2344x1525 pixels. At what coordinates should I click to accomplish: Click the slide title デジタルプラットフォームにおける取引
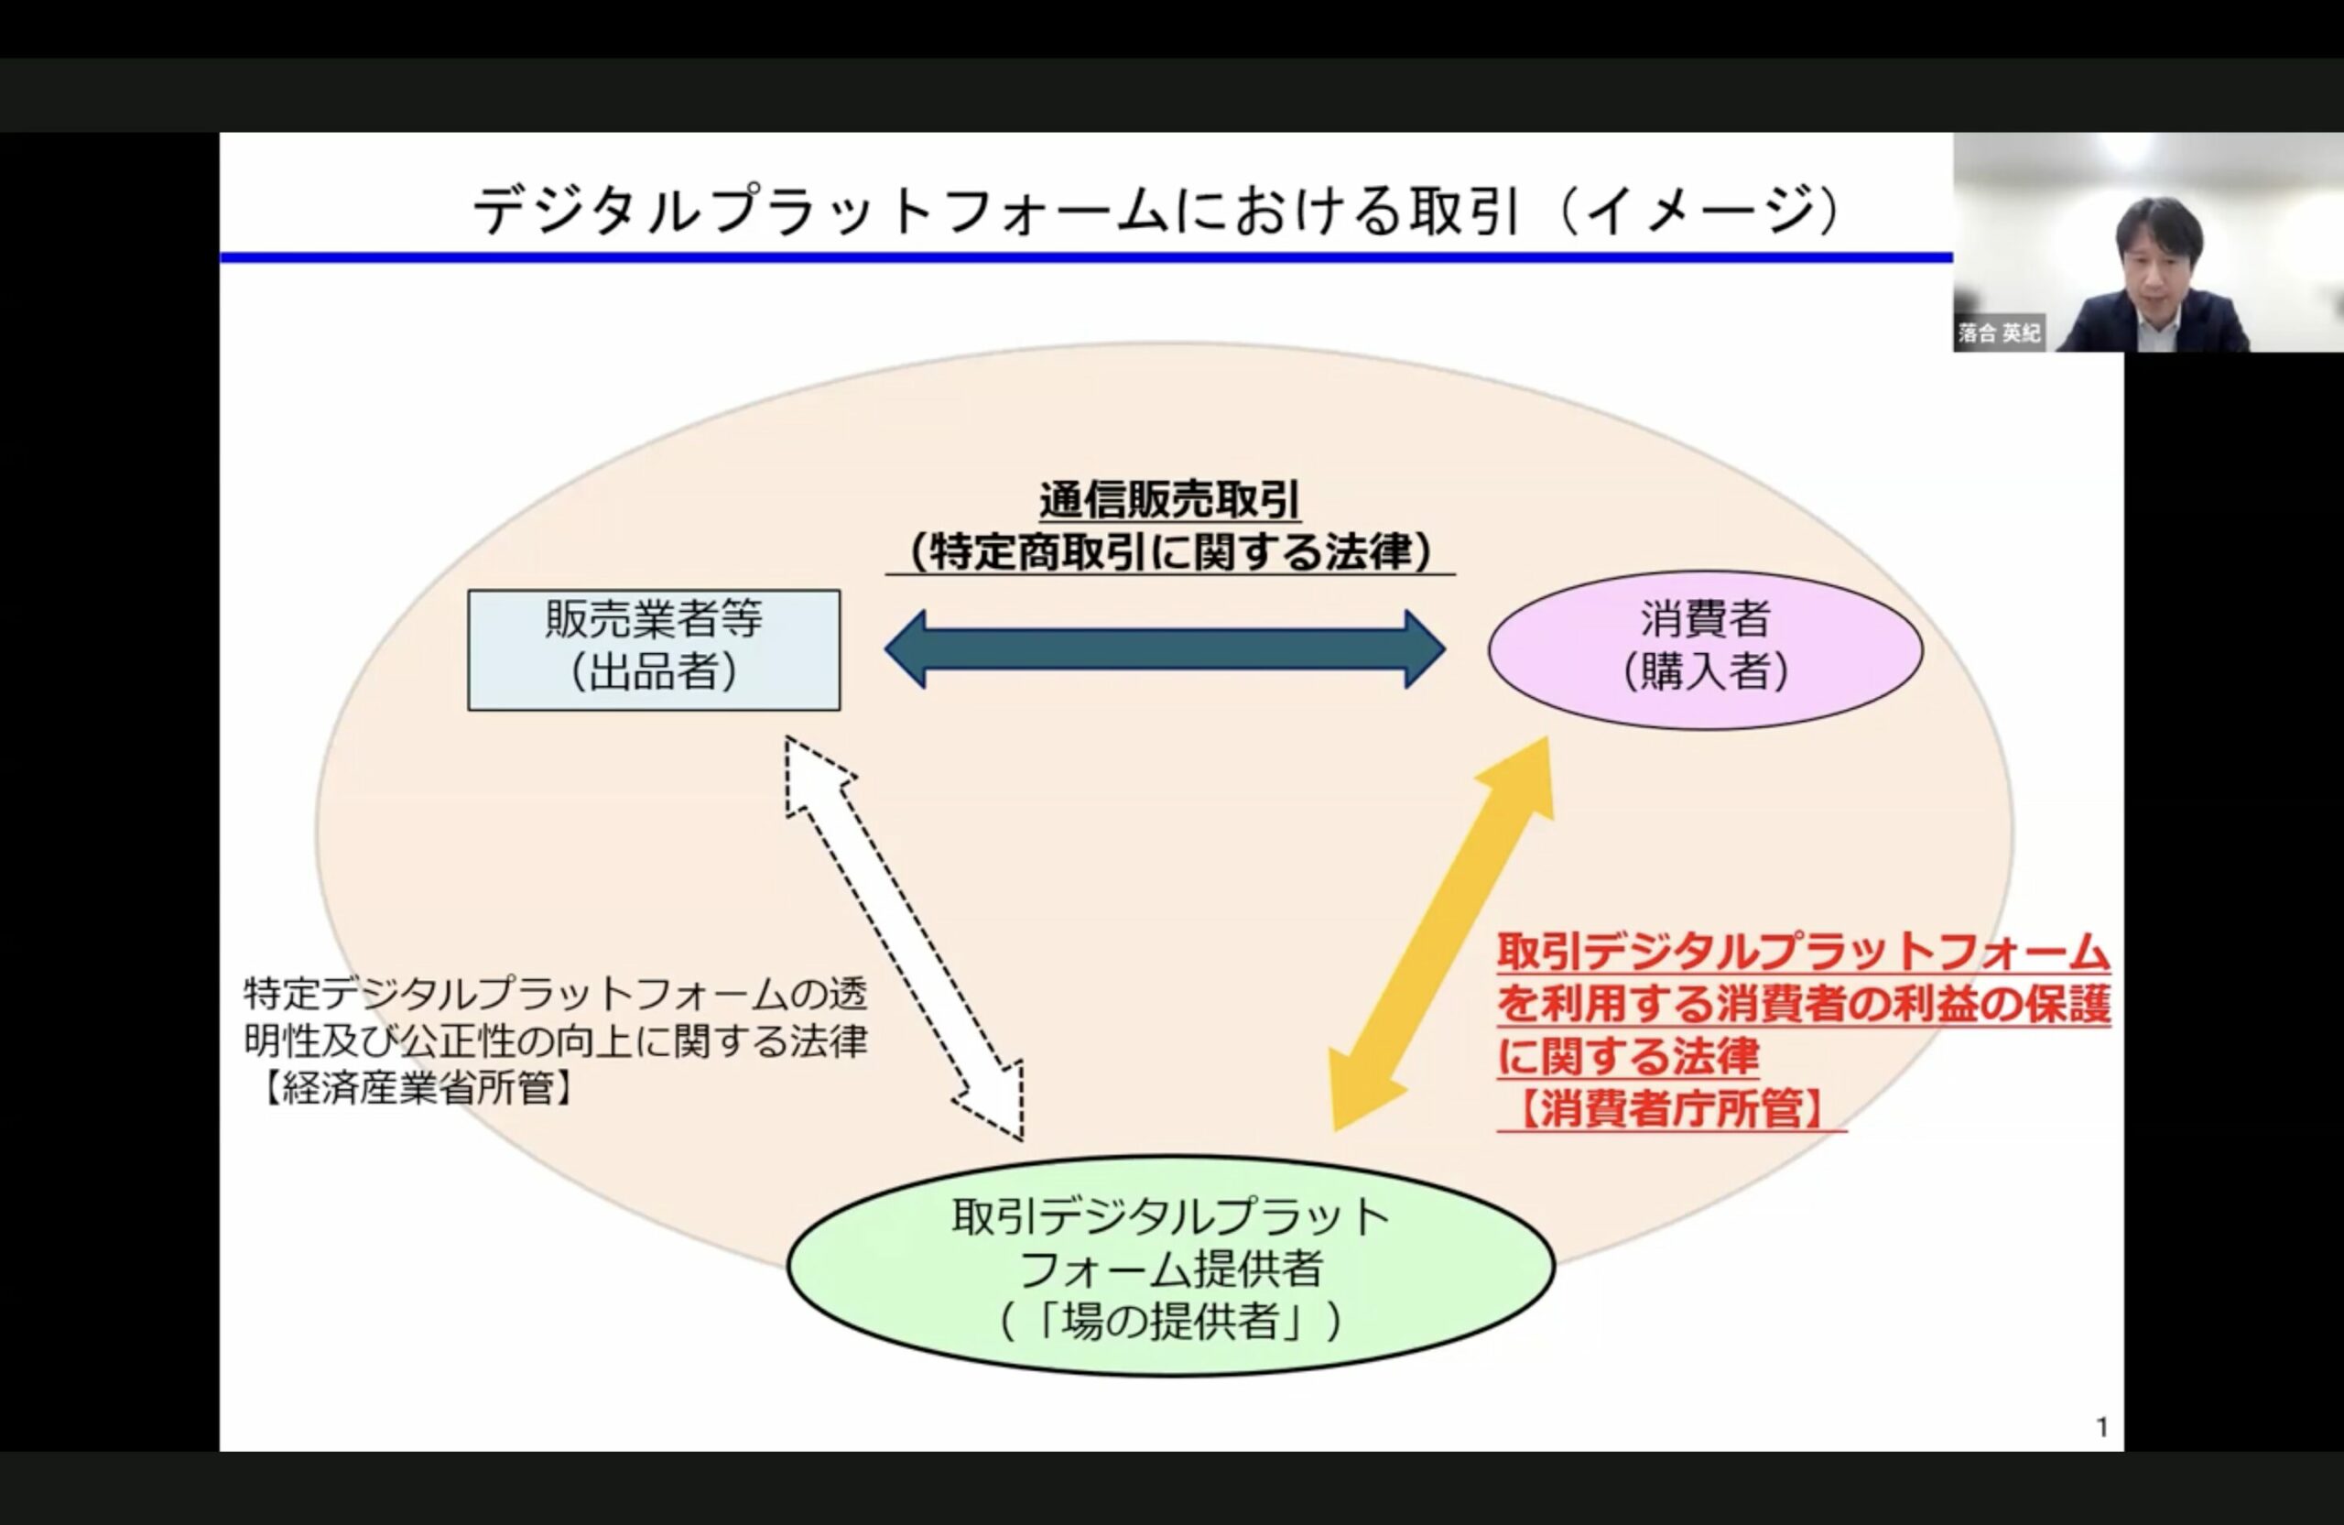coord(993,211)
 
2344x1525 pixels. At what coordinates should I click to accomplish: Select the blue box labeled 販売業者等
coord(654,650)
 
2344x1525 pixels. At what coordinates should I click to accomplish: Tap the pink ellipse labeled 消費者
coord(1705,650)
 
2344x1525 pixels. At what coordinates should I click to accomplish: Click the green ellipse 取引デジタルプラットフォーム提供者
coord(1171,1267)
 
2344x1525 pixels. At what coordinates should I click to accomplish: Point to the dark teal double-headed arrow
coord(1165,649)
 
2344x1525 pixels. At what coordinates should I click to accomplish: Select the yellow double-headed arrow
coord(1442,933)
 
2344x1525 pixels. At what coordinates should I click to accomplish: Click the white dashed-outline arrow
coord(904,938)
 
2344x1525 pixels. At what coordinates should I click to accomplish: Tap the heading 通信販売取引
coord(1169,500)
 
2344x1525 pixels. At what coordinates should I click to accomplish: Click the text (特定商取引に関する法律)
coord(1170,551)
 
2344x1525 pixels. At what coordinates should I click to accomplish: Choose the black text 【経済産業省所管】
coord(418,1089)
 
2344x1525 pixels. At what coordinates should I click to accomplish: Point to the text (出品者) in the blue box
coord(654,674)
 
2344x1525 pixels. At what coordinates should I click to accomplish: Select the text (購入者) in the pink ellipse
coord(1705,674)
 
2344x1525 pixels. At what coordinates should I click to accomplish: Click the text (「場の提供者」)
coord(1171,1322)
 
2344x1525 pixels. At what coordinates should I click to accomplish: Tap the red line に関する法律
coord(1628,1056)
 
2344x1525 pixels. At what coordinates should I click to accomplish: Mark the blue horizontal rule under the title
coord(1086,258)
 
